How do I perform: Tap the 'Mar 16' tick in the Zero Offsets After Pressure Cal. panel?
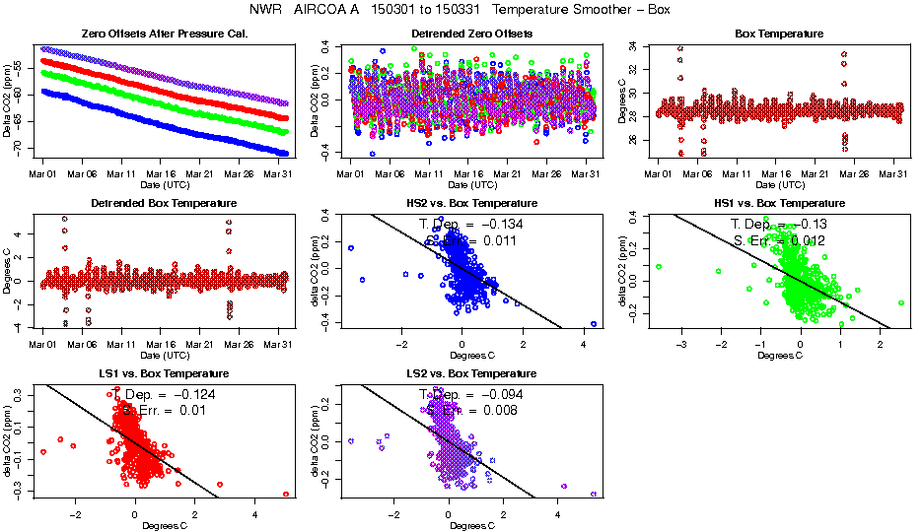point(161,173)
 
